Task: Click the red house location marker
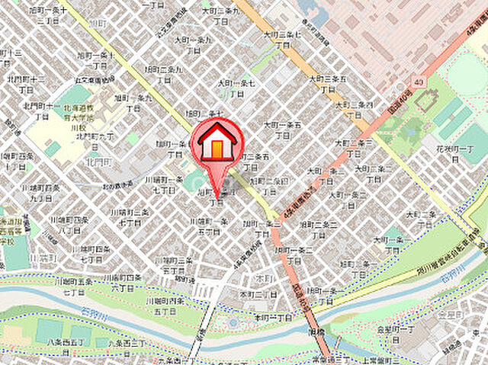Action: pos(217,142)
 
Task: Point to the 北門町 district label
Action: pos(99,162)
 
